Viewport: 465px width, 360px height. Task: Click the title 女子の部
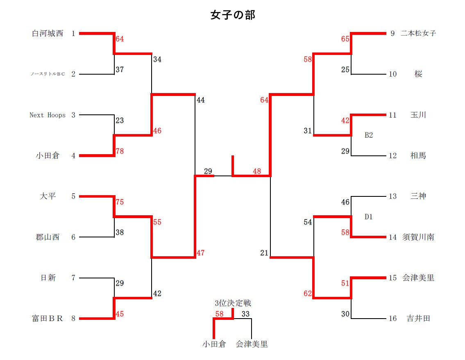pos(233,15)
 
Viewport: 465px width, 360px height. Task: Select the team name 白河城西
pos(48,34)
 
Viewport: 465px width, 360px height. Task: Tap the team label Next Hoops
pos(48,115)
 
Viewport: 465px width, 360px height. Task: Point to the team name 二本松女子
pos(418,34)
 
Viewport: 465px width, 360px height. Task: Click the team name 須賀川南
pos(418,237)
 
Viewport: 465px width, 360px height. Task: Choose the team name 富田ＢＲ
pos(48,319)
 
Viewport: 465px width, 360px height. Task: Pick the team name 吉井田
pos(418,319)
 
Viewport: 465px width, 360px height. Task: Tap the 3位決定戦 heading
pos(233,303)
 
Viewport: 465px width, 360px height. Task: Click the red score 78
pos(120,151)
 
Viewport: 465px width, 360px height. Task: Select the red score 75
pos(120,202)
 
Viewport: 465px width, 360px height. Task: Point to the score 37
pos(120,70)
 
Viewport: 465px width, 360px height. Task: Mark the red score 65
pos(345,39)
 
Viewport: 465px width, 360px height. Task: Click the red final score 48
pos(257,172)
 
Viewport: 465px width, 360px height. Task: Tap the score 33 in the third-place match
pos(245,314)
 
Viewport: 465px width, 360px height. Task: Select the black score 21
pos(264,253)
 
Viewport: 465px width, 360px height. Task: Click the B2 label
pos(369,135)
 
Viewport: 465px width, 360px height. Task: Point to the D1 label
pos(369,216)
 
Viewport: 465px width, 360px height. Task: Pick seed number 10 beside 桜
pos(393,74)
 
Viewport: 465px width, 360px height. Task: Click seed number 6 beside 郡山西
pos(73,237)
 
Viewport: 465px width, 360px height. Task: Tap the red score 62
pos(308,294)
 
